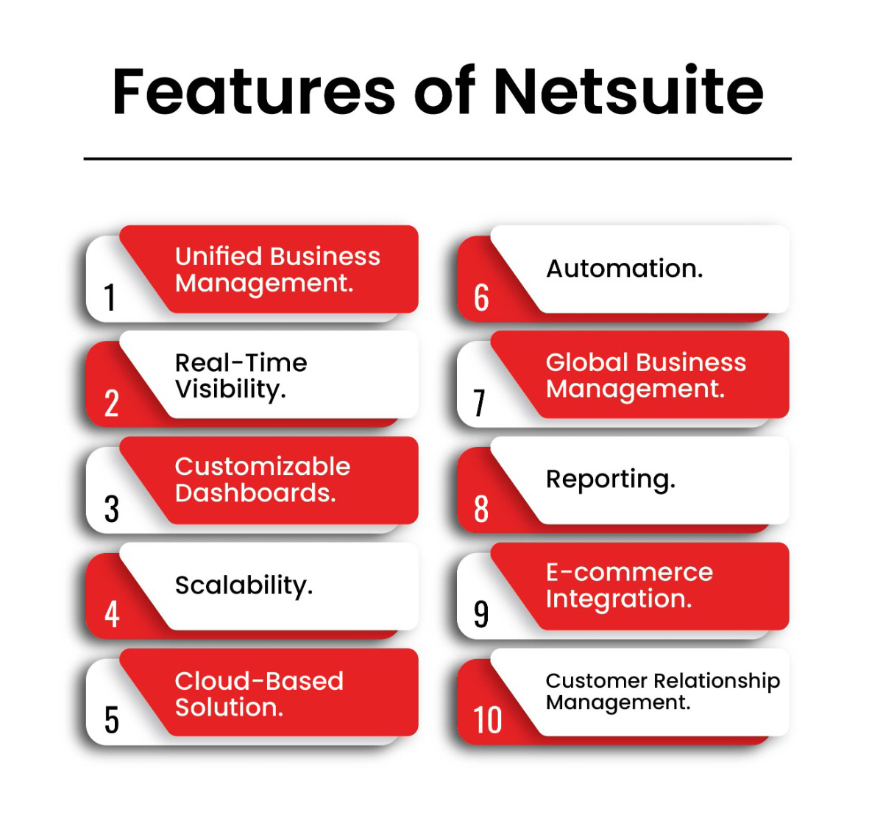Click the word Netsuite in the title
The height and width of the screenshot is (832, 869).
tap(628, 91)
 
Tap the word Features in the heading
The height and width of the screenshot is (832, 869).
tap(253, 91)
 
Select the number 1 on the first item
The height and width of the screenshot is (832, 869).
tap(110, 297)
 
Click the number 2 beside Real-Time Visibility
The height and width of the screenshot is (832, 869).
tap(111, 403)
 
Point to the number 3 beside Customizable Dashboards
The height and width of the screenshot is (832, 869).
tap(111, 509)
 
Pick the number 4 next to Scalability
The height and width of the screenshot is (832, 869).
tap(112, 615)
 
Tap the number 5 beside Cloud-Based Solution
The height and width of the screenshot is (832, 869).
tap(111, 721)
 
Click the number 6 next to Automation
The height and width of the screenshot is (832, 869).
tap(481, 297)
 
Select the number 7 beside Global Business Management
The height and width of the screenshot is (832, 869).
tap(480, 403)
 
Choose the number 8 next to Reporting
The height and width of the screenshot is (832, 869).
tap(481, 509)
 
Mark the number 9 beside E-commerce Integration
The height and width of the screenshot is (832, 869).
tap(481, 615)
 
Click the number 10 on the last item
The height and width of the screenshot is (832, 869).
tap(487, 721)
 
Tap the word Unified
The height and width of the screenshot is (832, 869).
tap(219, 256)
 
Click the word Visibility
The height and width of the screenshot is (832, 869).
tap(230, 389)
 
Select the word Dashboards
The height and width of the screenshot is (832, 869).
tap(255, 493)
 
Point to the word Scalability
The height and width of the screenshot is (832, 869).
tap(244, 586)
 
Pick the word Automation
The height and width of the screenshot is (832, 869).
tap(625, 269)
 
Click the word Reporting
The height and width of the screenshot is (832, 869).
tap(611, 480)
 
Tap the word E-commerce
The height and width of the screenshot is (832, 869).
tap(629, 572)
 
